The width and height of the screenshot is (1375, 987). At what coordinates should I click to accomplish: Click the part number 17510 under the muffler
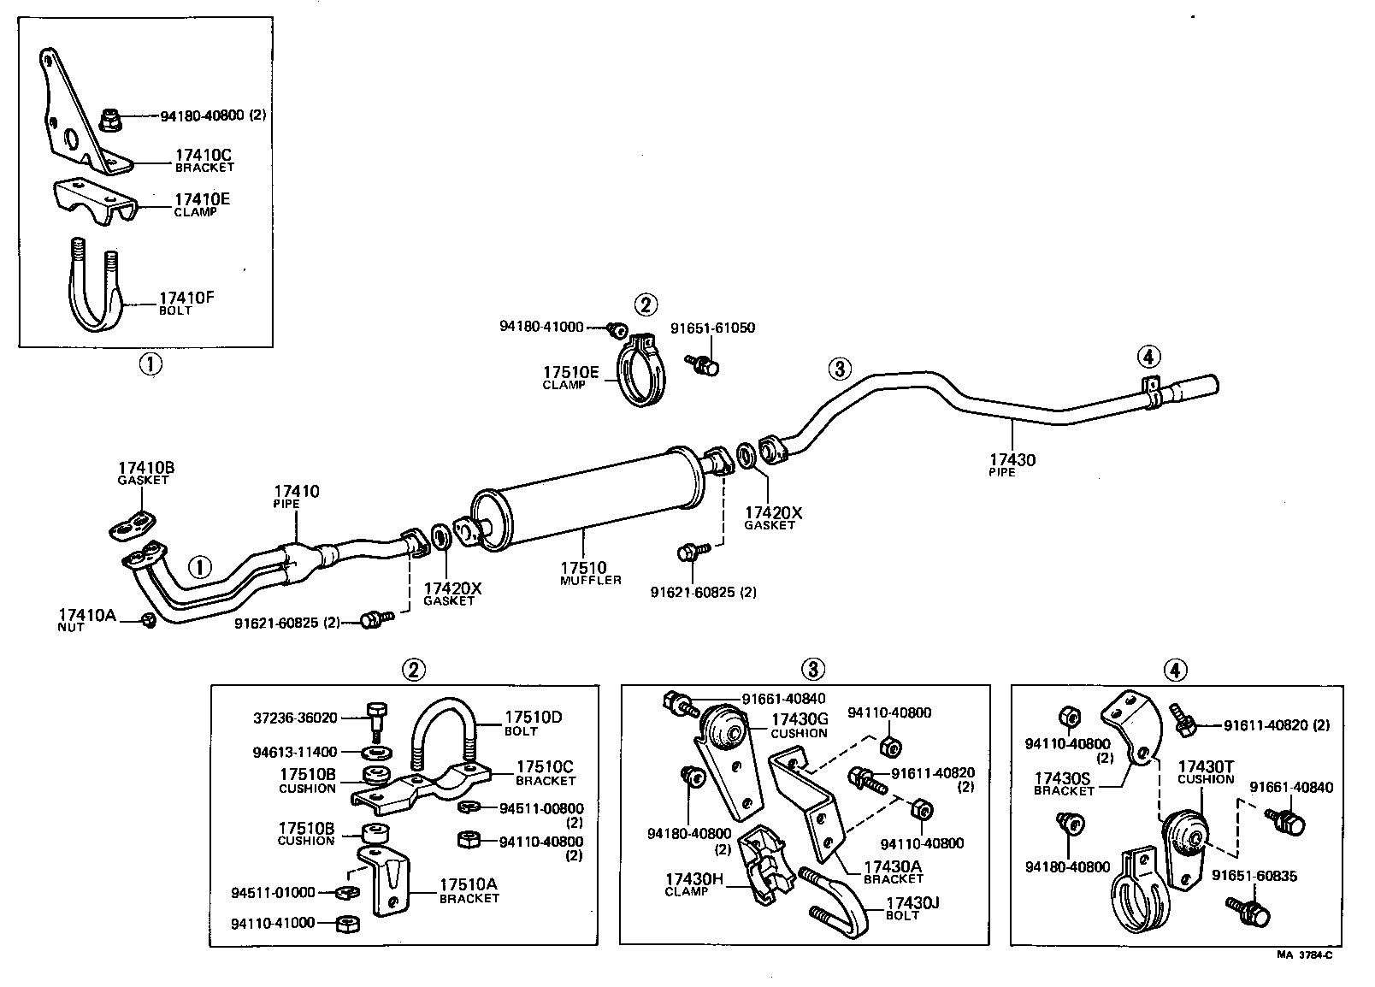click(x=583, y=567)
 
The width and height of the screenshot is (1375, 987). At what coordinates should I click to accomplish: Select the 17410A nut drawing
click(x=148, y=619)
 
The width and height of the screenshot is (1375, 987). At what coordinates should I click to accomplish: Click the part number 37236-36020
click(x=295, y=718)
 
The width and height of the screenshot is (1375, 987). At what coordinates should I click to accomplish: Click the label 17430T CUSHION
click(x=1205, y=766)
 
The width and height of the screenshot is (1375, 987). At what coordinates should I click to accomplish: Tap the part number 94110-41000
click(x=273, y=923)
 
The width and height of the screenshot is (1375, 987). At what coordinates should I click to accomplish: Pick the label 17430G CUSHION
click(x=799, y=719)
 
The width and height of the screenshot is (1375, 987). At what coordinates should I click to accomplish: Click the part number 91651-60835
click(x=1254, y=876)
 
